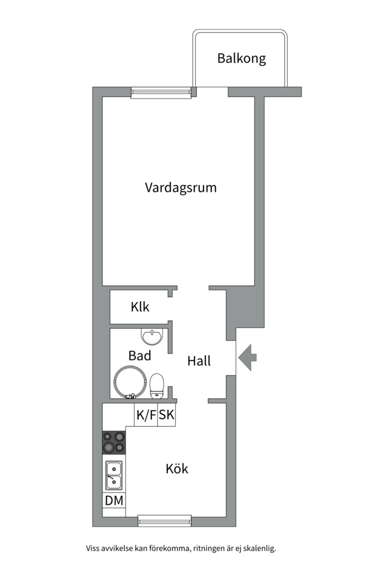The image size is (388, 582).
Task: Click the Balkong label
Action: click(241, 58)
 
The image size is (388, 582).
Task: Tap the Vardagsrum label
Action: click(181, 188)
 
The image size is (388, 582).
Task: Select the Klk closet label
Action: click(140, 308)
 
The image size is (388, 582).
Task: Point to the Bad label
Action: click(140, 356)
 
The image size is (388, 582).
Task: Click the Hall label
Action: click(199, 361)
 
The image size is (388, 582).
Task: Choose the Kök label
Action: click(177, 469)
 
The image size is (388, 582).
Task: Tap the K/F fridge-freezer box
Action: click(145, 415)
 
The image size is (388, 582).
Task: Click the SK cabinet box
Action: click(167, 415)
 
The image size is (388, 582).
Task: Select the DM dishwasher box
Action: click(114, 501)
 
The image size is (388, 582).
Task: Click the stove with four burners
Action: click(114, 442)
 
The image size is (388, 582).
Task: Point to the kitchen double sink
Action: click(114, 475)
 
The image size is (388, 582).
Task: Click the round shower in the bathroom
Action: click(129, 382)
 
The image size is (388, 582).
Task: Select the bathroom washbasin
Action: click(152, 337)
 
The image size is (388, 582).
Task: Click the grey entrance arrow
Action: click(248, 356)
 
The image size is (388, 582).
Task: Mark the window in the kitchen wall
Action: click(164, 520)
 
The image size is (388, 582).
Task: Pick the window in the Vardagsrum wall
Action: click(162, 93)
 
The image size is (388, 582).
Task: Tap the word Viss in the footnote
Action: click(93, 549)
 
